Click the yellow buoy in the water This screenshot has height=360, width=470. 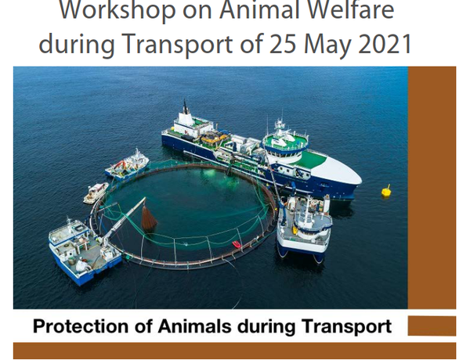(386, 191)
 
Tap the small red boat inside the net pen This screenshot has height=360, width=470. (237, 244)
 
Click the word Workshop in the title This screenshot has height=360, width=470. (117, 10)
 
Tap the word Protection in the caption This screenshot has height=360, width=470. (81, 326)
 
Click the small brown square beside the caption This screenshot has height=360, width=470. (432, 326)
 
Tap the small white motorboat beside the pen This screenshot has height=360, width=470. (96, 193)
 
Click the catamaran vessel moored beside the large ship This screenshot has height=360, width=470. (304, 227)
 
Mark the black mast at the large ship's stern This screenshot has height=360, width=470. (186, 107)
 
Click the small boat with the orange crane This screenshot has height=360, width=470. (128, 166)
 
